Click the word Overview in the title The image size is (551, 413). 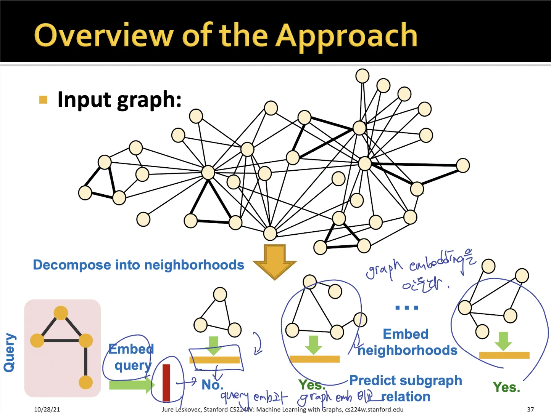103,35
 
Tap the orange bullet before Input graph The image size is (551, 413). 43,100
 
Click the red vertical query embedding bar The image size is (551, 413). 166,383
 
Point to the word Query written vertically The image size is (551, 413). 10,352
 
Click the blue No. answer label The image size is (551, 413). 212,385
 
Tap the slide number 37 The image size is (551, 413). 530,409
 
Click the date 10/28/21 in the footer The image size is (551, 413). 47,409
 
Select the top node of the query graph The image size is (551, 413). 61,313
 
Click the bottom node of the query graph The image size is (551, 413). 86,382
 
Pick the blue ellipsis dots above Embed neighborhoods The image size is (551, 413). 407,307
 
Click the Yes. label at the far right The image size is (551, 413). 506,387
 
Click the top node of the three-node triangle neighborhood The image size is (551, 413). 220,294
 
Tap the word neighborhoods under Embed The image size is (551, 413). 408,350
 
